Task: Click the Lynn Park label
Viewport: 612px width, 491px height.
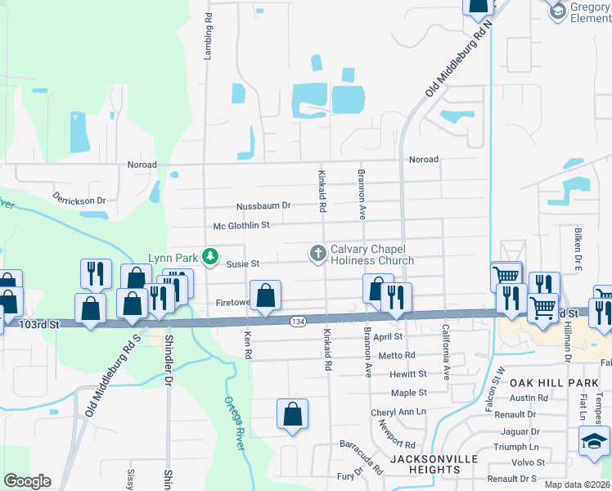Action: point(173,257)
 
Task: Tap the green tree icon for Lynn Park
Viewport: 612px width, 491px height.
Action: point(210,257)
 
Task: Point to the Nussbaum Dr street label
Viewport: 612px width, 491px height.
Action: point(263,205)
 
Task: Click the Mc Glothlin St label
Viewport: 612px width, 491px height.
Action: point(241,225)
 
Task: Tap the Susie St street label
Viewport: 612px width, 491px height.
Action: point(243,264)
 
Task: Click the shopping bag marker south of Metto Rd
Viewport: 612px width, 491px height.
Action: point(292,415)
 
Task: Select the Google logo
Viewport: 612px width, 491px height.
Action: point(27,481)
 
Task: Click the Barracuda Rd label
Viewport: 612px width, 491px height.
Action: point(362,455)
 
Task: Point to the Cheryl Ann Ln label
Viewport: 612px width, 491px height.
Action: point(398,412)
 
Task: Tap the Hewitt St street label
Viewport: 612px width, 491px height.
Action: point(408,373)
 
